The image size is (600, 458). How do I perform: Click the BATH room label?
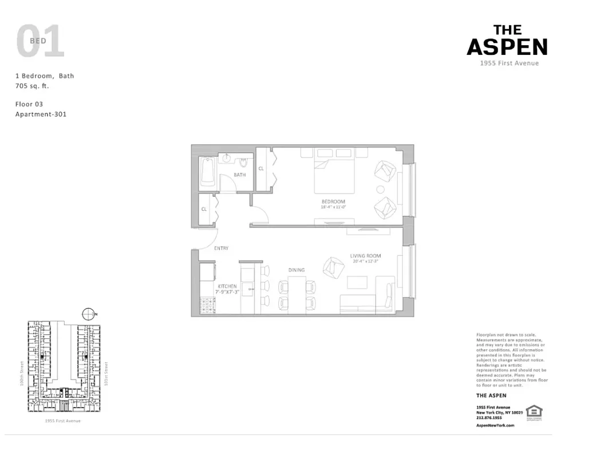click(239, 175)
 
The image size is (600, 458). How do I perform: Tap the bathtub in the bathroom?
click(207, 171)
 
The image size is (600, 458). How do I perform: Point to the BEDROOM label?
click(333, 202)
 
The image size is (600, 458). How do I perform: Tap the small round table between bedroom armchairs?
click(381, 190)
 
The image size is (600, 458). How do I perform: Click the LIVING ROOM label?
click(365, 256)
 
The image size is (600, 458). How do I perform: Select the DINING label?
click(297, 270)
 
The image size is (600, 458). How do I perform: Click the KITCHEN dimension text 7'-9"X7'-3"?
click(227, 292)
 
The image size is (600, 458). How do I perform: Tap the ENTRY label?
click(221, 248)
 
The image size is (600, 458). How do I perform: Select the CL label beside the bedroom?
click(261, 168)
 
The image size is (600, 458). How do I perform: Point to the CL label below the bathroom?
click(204, 209)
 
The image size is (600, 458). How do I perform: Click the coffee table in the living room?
click(357, 283)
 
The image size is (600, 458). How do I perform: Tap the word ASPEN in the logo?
click(507, 47)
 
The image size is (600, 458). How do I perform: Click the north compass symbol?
click(88, 314)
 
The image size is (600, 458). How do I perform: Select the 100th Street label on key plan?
click(22, 372)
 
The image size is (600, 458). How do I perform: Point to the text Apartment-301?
click(41, 114)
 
